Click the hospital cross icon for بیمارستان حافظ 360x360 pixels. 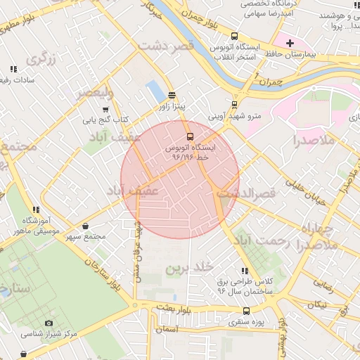coord(289,44)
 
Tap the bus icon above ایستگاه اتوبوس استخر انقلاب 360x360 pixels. coord(234,36)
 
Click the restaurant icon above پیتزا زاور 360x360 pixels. coord(173,95)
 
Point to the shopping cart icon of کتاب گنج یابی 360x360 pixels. coord(105,110)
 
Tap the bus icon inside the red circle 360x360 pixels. coord(190,137)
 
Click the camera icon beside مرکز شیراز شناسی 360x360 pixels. coord(49,323)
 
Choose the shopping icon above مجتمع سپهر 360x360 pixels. coord(86,226)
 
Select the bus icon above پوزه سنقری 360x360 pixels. coord(246,311)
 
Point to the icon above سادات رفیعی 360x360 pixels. coord(13,69)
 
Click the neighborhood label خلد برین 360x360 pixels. coord(189,269)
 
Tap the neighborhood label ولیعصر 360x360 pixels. coord(94,92)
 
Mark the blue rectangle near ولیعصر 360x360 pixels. coord(153,89)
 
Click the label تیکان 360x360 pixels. coord(314,304)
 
